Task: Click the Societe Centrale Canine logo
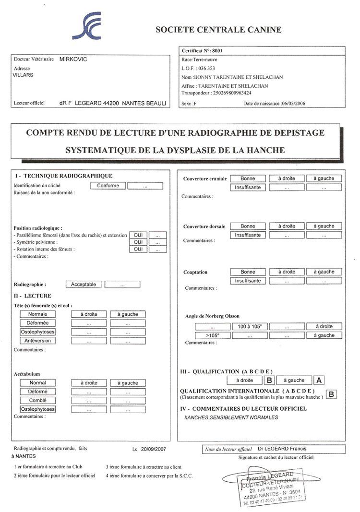click(x=89, y=27)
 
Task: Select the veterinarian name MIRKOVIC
click(x=73, y=59)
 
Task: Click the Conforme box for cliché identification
click(x=108, y=186)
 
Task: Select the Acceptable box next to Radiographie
click(x=84, y=285)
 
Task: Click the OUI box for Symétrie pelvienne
click(x=138, y=242)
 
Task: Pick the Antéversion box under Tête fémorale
click(x=37, y=341)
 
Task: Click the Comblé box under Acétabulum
click(x=37, y=400)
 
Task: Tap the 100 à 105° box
click(x=250, y=326)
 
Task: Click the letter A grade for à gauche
click(x=318, y=380)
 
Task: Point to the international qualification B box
click(x=331, y=395)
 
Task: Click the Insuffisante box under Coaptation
click(x=248, y=281)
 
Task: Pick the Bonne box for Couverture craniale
click(x=248, y=179)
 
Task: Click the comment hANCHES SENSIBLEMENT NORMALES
click(x=231, y=417)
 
